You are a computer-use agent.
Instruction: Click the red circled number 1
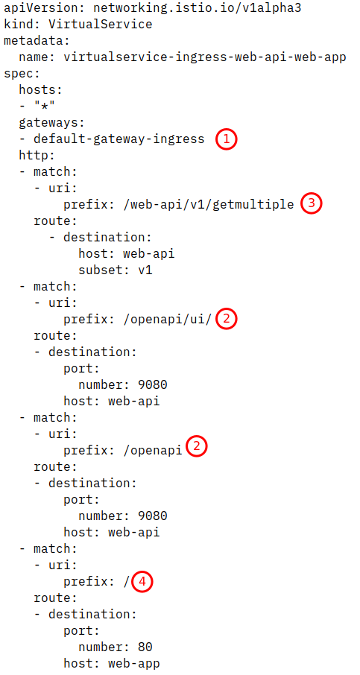click(x=227, y=139)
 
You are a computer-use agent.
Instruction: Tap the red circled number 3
click(x=311, y=203)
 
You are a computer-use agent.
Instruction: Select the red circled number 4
click(x=142, y=582)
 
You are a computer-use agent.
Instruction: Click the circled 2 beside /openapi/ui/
click(x=227, y=319)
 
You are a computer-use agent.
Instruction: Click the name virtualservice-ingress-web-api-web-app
click(x=204, y=57)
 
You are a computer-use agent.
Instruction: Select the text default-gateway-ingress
click(x=119, y=139)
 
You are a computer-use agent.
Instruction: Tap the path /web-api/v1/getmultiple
click(x=209, y=204)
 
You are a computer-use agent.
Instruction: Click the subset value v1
click(x=145, y=270)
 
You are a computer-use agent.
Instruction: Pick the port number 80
click(x=145, y=647)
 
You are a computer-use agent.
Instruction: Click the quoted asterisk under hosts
click(x=44, y=107)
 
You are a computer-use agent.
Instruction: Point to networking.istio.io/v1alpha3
click(x=197, y=7)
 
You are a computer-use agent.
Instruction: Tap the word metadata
click(x=37, y=41)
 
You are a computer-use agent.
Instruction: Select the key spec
click(x=22, y=74)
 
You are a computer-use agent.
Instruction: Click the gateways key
click(x=51, y=123)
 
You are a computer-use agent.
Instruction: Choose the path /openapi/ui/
click(x=168, y=319)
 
